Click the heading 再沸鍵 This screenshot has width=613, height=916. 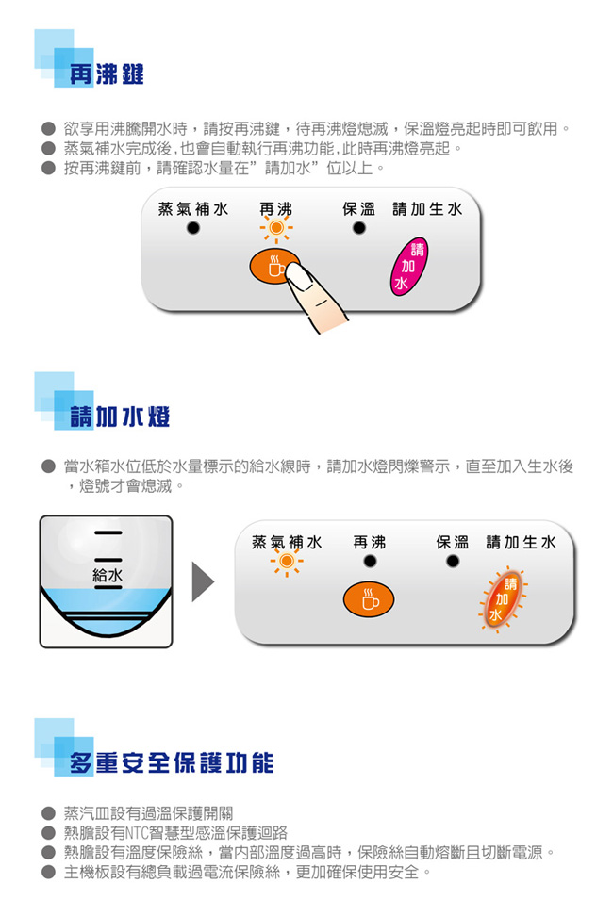click(x=106, y=74)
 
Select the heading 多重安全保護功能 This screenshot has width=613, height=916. click(x=171, y=761)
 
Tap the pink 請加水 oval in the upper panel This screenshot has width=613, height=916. click(x=408, y=267)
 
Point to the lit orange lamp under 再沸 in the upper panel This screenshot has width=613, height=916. click(x=276, y=229)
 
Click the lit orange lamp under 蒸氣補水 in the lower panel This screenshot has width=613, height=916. click(x=285, y=563)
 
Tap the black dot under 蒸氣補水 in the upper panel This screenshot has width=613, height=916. click(x=192, y=229)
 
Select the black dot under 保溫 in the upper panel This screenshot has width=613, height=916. click(x=358, y=229)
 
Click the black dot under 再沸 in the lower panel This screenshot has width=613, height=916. click(x=370, y=563)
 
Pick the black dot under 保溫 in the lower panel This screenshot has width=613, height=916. click(x=453, y=563)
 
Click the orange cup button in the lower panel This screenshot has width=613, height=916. click(x=369, y=598)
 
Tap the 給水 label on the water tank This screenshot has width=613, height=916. click(x=107, y=574)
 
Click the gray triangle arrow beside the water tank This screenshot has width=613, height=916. click(x=203, y=581)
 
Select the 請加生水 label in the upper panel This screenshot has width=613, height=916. click(x=427, y=208)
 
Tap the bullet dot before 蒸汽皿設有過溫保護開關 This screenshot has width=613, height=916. click(x=47, y=812)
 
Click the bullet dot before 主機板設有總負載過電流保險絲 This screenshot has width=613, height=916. click(x=47, y=872)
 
